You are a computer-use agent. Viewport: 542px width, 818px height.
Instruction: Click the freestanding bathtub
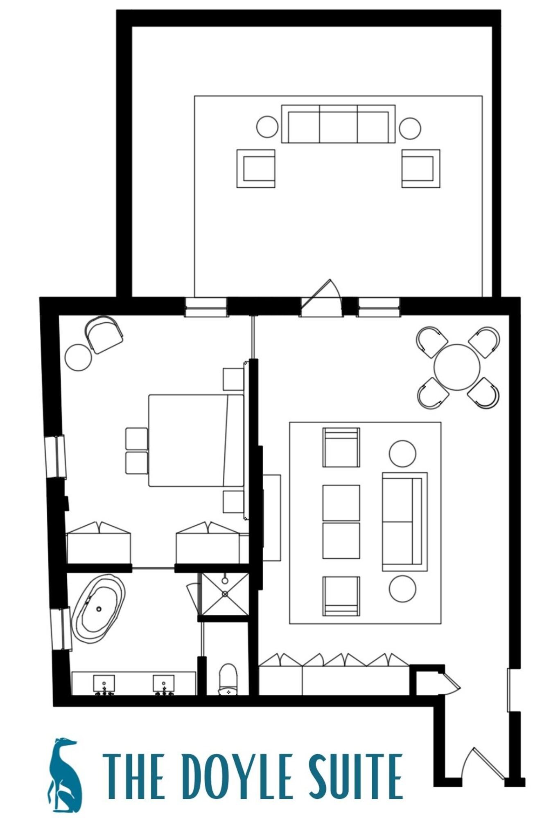(x=99, y=609)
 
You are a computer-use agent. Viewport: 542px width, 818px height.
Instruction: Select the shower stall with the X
(x=225, y=594)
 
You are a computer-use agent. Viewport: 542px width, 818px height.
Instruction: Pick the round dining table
(x=456, y=367)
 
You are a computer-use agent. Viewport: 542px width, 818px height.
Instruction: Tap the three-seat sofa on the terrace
(x=338, y=124)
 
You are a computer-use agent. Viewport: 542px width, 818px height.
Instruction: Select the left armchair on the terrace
(x=256, y=168)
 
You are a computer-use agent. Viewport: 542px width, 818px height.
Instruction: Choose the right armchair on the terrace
(x=420, y=168)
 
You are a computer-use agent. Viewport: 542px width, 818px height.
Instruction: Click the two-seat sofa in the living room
(x=404, y=521)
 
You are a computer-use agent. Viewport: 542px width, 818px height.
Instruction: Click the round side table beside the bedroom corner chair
(x=78, y=357)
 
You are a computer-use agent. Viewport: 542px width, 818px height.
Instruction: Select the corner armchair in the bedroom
(x=104, y=334)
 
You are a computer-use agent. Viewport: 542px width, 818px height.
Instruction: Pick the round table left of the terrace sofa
(x=267, y=127)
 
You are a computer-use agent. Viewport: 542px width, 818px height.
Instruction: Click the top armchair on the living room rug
(x=341, y=447)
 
